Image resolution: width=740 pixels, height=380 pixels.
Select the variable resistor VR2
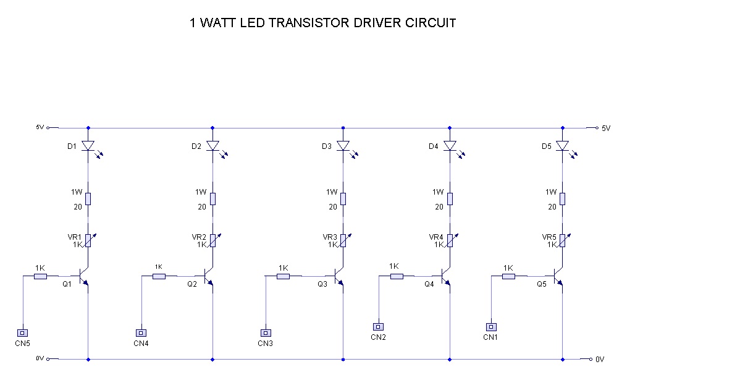coord(214,240)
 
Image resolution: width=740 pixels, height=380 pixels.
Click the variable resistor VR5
coord(563,240)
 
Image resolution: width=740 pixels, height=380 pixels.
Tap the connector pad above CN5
coord(22,333)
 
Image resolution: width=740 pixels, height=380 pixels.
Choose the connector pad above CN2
coord(378,327)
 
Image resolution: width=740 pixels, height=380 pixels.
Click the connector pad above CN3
coord(266,333)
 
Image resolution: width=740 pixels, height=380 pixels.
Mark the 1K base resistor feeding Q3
coord(283,276)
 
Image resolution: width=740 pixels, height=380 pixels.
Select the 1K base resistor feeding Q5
coord(508,276)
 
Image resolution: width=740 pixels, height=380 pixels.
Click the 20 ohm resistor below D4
coord(450,199)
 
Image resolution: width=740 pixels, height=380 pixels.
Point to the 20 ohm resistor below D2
coord(213,199)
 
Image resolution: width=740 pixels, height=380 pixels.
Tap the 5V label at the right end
coord(606,129)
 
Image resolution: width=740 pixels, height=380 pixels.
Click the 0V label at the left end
coord(40,358)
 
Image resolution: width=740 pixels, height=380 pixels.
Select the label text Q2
coord(192,284)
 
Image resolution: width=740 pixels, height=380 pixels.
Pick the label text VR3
coord(330,237)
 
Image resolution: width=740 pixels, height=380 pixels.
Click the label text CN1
coord(490,337)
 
